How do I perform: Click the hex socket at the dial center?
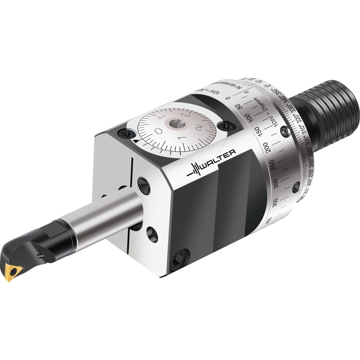coord(174,123)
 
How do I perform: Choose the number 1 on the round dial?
coord(180,138)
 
